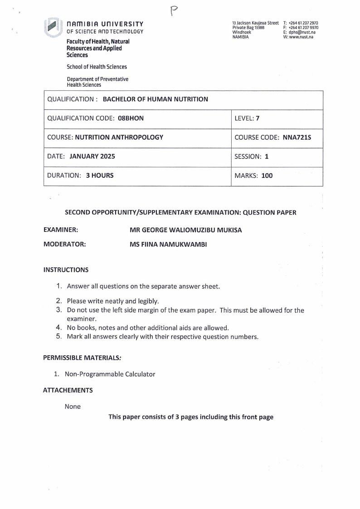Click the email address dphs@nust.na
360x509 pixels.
click(x=302, y=33)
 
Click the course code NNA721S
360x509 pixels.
click(x=297, y=137)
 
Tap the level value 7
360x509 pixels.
click(x=257, y=119)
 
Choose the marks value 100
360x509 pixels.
click(x=267, y=176)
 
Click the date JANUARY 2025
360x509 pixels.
click(x=92, y=157)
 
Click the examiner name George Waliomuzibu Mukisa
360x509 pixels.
click(x=185, y=230)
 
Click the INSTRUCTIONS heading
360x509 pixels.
click(x=66, y=270)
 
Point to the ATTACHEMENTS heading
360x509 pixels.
click(x=68, y=390)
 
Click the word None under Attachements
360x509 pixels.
click(x=73, y=406)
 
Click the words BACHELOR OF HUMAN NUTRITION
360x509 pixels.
click(x=156, y=99)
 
